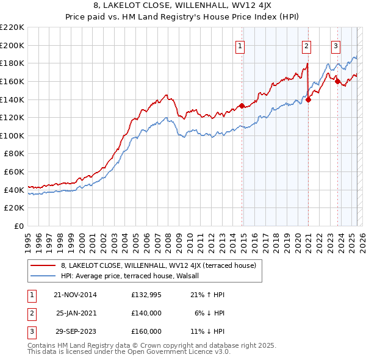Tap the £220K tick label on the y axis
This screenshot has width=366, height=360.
coord(12,27)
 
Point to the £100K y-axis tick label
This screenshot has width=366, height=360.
coord(12,135)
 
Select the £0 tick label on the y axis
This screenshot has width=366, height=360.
coord(18,226)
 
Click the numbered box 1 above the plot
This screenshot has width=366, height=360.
coord(240,45)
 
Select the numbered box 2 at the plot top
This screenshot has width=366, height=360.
coord(306,45)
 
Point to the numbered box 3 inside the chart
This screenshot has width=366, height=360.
coord(335,45)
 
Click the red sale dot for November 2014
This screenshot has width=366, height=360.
coord(242,106)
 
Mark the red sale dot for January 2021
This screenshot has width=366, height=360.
coord(309,99)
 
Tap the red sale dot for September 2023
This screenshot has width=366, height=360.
coord(337,81)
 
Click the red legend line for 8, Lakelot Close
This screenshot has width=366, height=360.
coord(43,265)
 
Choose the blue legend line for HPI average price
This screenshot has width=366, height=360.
coord(43,276)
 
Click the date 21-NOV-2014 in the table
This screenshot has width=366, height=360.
coord(75,295)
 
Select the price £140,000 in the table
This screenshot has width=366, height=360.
coord(146,313)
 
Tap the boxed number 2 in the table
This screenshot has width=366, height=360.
coord(30,313)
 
